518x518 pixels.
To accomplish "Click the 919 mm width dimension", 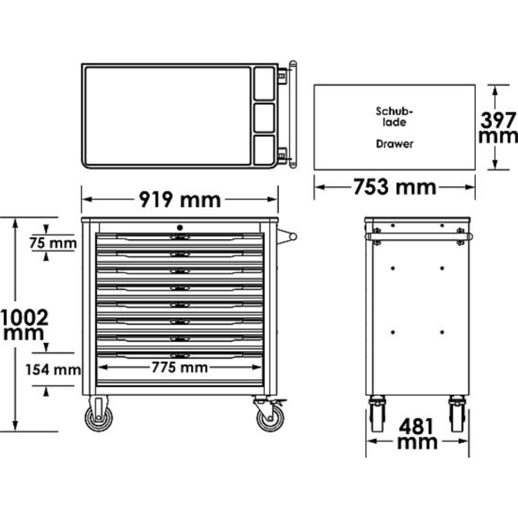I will pyautogui.click(x=179, y=199).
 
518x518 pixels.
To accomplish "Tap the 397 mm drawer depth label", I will pyautogui.click(x=497, y=128).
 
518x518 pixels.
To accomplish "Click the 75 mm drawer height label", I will pyautogui.click(x=53, y=244).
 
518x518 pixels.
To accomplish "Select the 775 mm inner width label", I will pyautogui.click(x=180, y=368).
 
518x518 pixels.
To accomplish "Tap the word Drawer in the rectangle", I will pyautogui.click(x=394, y=144).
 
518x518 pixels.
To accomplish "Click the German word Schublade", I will pyautogui.click(x=394, y=116).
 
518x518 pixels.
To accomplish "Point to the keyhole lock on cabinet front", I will pyautogui.click(x=180, y=227).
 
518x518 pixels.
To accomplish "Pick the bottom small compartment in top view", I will pyautogui.click(x=264, y=150).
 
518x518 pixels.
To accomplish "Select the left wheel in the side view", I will pyautogui.click(x=377, y=414).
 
